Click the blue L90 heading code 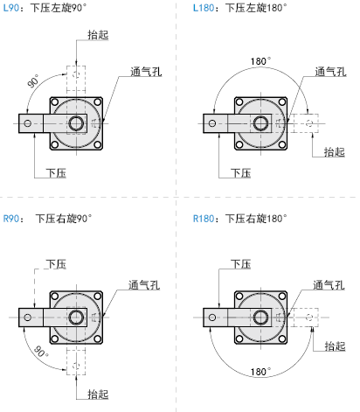click(x=10, y=8)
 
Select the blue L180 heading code click(x=204, y=8)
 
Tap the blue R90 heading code click(x=10, y=219)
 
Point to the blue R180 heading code click(x=204, y=219)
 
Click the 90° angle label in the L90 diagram click(x=34, y=81)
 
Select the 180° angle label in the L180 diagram click(x=260, y=61)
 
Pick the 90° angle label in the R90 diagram click(x=41, y=352)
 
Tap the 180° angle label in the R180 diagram click(x=260, y=372)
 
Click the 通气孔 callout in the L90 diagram click(x=146, y=72)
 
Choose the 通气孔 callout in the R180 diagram click(x=329, y=285)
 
